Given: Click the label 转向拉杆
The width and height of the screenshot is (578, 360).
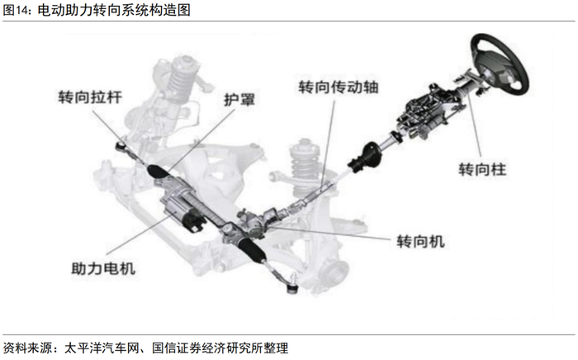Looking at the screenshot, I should pos(90,97).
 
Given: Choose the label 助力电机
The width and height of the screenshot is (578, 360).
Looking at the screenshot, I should pos(103,268).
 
